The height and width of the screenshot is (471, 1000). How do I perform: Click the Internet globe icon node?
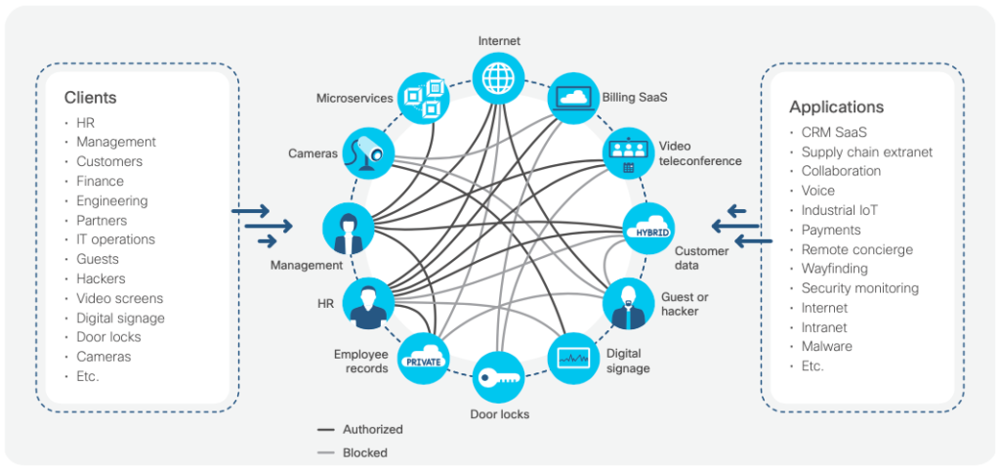tap(499, 77)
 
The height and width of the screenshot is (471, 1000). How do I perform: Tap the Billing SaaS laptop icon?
tap(573, 98)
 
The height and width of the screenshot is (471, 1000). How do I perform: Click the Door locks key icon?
tap(499, 377)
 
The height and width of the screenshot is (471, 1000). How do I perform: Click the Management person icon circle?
tap(348, 229)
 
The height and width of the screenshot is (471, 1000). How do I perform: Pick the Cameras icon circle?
tap(370, 152)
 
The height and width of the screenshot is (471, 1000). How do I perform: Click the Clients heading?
tap(90, 98)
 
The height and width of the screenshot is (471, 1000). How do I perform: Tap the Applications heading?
tap(836, 107)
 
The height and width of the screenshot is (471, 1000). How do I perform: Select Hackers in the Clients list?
tap(101, 278)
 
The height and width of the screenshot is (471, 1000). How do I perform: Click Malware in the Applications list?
tap(826, 347)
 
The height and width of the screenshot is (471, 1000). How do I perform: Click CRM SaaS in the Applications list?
tap(834, 132)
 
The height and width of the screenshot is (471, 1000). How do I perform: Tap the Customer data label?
tap(701, 258)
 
